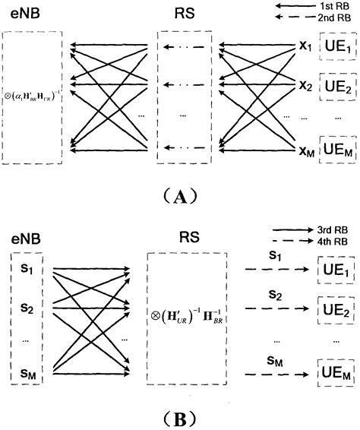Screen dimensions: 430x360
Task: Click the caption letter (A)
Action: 179,198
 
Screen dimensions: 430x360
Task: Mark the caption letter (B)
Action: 179,417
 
